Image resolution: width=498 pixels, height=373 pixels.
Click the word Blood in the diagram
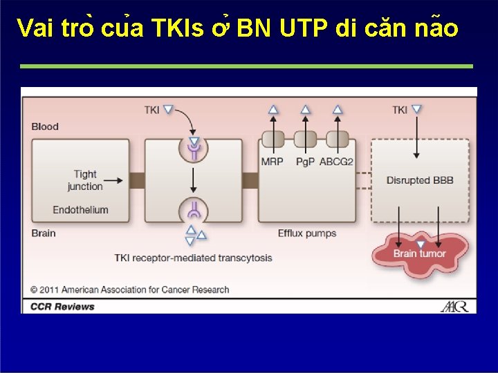click(45, 126)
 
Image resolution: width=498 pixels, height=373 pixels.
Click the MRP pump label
click(272, 162)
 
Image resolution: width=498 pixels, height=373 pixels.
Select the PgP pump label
click(304, 162)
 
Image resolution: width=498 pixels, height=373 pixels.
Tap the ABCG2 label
click(337, 162)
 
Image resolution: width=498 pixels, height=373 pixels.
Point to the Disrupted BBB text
click(420, 181)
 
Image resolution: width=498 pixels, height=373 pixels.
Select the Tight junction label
click(85, 180)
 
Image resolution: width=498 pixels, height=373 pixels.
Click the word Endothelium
click(80, 210)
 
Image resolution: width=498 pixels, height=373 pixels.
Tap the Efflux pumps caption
click(307, 233)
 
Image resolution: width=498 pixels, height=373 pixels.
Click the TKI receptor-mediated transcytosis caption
click(193, 258)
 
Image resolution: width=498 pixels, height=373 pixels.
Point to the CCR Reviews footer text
click(62, 306)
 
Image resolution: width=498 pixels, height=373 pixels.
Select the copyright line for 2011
click(129, 290)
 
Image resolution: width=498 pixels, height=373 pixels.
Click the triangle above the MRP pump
click(273, 109)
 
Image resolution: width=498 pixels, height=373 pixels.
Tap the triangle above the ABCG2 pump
click(338, 109)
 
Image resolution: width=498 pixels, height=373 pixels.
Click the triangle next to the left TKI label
click(168, 109)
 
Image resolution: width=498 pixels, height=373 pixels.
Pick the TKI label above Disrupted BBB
click(400, 110)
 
